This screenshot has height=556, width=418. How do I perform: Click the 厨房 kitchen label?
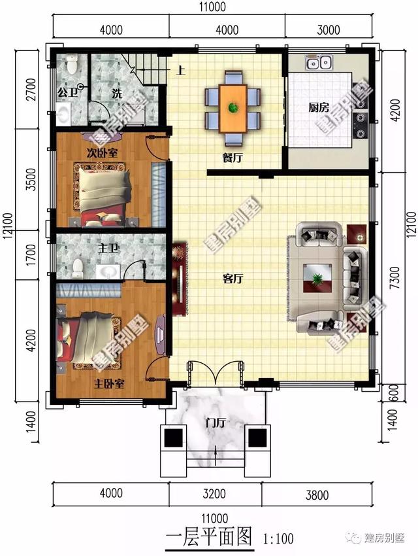click(x=318, y=108)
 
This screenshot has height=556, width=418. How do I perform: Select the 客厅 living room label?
click(x=233, y=279)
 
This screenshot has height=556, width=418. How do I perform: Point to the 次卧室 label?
click(x=103, y=153)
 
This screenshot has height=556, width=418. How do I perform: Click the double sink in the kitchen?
click(x=319, y=63)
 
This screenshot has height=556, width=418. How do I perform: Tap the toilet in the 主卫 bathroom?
click(x=78, y=267)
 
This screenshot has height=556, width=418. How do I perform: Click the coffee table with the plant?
click(x=317, y=279)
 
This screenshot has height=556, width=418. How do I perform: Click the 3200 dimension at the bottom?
click(x=214, y=493)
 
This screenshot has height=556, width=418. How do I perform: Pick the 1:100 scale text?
click(x=279, y=540)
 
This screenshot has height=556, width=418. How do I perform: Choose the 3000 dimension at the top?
click(x=329, y=29)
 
